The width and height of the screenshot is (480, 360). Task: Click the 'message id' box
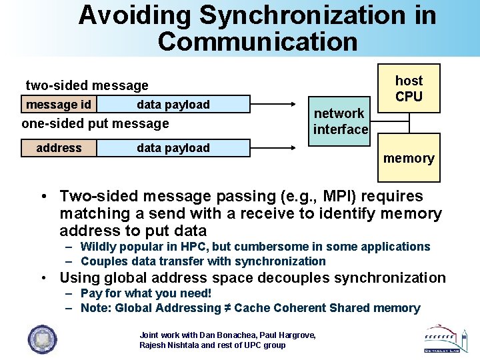(59, 105)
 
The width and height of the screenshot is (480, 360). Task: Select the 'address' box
(59, 148)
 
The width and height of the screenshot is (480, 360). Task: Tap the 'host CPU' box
(409, 89)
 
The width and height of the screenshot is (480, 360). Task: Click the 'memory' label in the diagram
(409, 158)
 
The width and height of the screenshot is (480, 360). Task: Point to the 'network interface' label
(341, 121)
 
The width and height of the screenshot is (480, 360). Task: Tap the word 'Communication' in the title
(257, 41)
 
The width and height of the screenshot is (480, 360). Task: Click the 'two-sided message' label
(87, 85)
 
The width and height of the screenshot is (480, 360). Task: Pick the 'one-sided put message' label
(95, 123)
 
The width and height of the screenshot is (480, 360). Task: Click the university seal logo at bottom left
(41, 339)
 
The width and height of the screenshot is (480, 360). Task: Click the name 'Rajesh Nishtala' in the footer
(168, 345)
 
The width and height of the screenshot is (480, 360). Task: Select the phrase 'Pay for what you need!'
(146, 293)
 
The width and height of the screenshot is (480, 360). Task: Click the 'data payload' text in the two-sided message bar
(173, 105)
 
